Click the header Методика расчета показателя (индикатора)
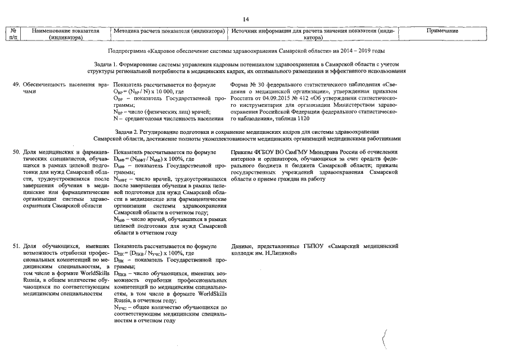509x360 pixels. tap(169, 31)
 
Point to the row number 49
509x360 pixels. tap(16, 84)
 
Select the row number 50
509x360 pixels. tap(16, 152)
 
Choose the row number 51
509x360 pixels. tap(16, 246)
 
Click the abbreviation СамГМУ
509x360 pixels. tap(298, 152)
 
